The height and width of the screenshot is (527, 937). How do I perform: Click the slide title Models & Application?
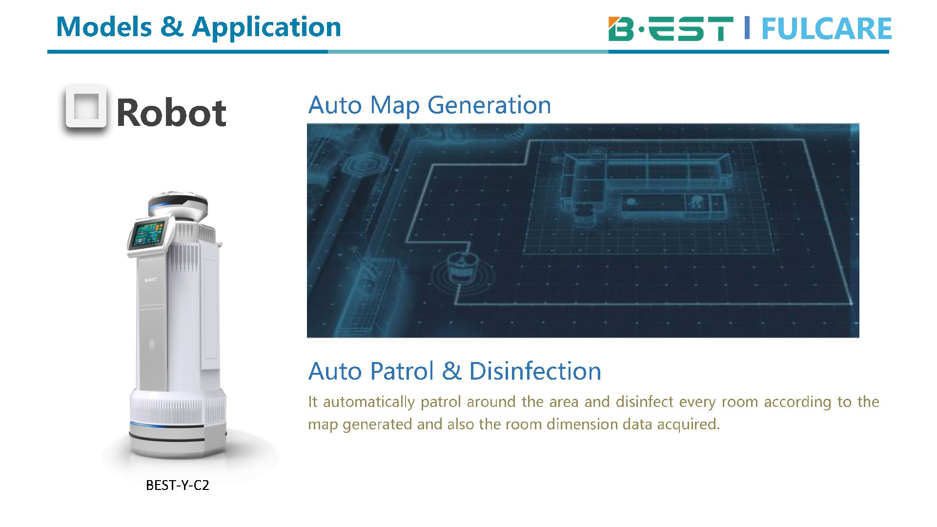[199, 27]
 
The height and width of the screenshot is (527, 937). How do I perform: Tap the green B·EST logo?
[671, 28]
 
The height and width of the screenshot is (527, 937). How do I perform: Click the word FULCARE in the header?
[826, 29]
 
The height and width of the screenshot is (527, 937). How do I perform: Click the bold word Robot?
[171, 113]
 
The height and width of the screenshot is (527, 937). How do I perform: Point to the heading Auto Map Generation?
[429, 105]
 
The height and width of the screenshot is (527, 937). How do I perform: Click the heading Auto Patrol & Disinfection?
[454, 371]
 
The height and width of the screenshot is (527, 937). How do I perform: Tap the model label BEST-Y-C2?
[178, 485]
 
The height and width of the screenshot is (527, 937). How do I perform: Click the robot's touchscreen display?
[148, 233]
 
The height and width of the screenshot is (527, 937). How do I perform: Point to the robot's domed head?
[179, 204]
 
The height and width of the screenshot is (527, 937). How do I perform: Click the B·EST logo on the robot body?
[151, 280]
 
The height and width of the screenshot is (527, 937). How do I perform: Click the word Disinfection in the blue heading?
[535, 371]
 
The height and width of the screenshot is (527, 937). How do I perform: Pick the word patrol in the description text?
[441, 402]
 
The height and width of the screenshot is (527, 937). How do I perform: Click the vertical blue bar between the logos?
[747, 28]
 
